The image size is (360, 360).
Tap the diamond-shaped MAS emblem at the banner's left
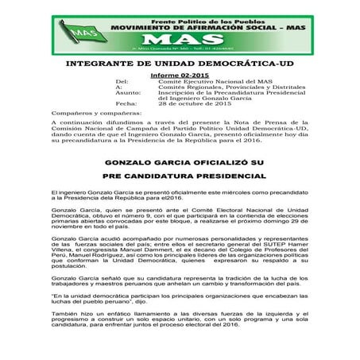(x=80, y=33)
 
